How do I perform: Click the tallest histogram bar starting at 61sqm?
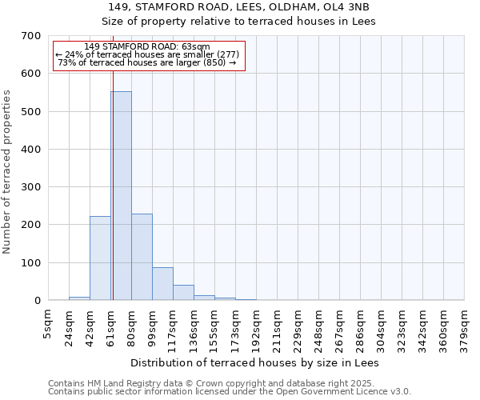tap(121, 196)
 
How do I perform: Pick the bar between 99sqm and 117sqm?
tap(162, 283)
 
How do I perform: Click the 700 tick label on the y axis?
tap(31, 36)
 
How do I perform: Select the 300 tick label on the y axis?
tap(31, 187)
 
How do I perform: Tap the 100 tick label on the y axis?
tap(31, 262)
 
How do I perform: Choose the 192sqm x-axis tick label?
tap(257, 324)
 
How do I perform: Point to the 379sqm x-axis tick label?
tap(465, 324)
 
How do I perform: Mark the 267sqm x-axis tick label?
tap(340, 324)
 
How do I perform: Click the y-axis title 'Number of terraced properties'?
tap(7, 172)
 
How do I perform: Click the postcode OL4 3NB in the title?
tap(347, 6)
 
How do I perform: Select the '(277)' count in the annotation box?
tap(226, 54)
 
